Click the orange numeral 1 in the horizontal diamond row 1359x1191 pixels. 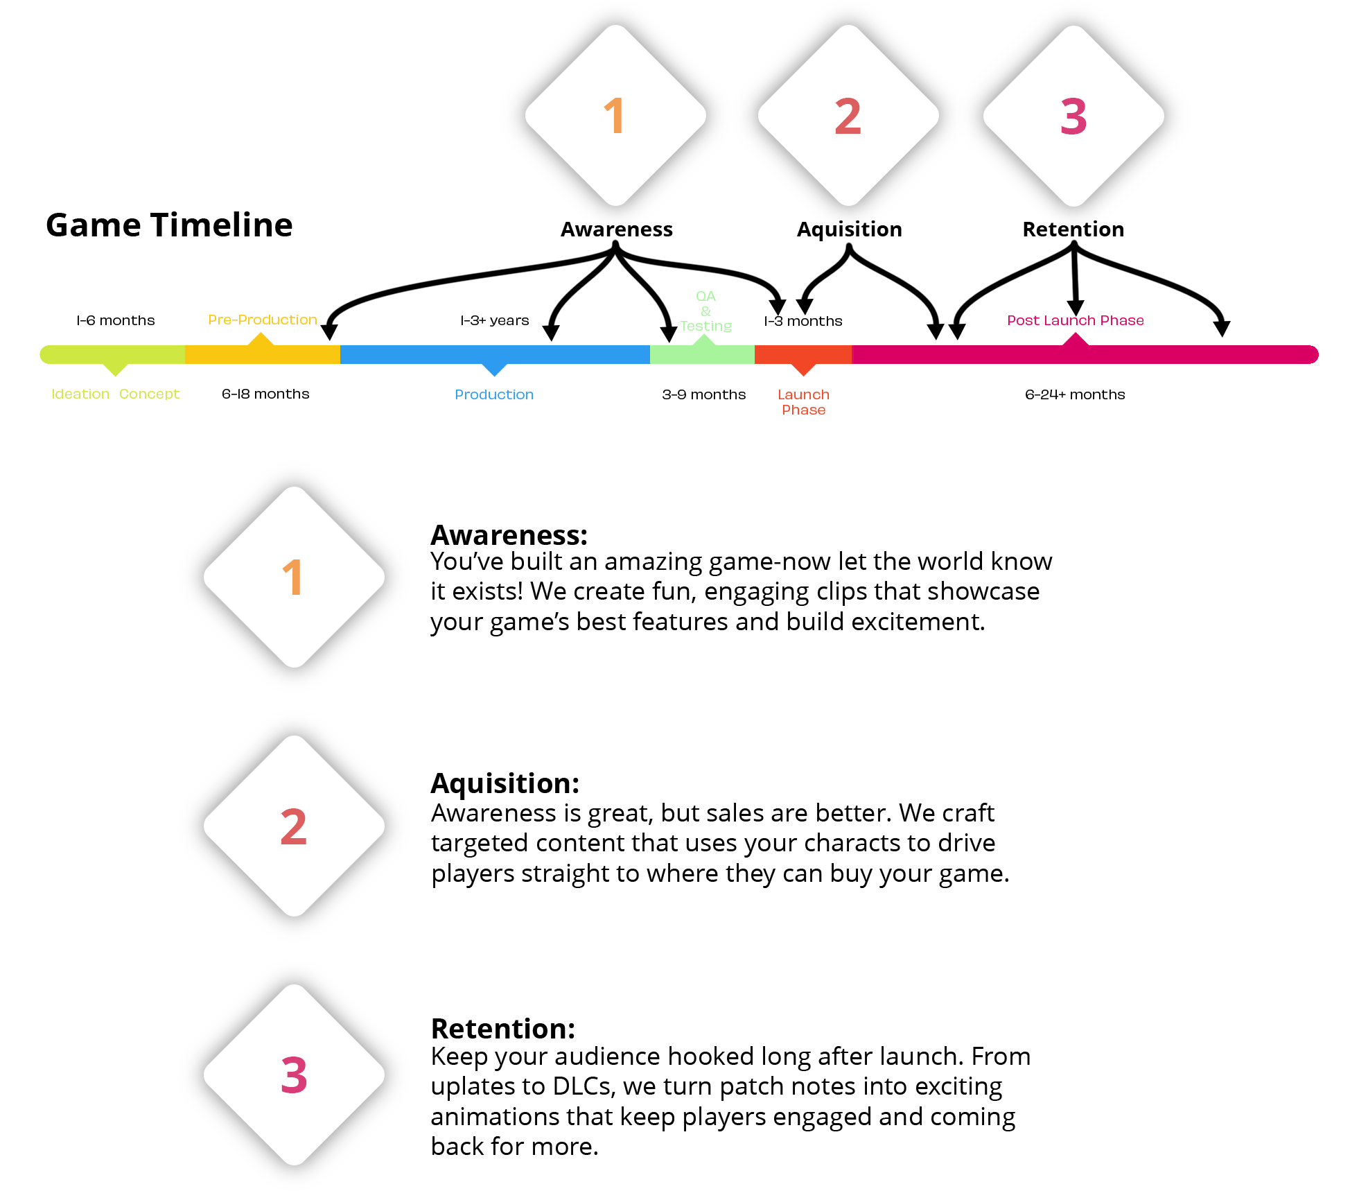tap(615, 116)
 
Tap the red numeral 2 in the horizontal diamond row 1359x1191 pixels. tap(848, 116)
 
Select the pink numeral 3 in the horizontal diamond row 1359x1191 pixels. tap(1073, 116)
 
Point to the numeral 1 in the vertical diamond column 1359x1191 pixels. tap(294, 577)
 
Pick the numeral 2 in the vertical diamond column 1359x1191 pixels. tap(294, 826)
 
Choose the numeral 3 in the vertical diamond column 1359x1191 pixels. tap(294, 1075)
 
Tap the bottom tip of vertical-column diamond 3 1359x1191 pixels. tap(295, 1164)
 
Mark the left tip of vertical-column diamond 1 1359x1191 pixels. tap(205, 577)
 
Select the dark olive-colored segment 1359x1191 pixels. tap(402, 370)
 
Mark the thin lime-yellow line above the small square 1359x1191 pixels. tap(111, 394)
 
